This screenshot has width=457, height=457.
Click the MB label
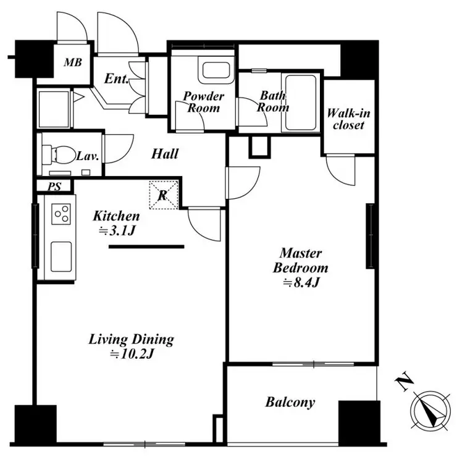[73, 62]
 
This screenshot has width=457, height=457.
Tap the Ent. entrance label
[116, 78]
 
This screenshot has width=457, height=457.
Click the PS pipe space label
[54, 187]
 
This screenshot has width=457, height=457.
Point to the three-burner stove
[61, 214]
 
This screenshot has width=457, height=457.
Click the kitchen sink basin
[61, 257]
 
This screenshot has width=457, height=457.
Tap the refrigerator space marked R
[163, 195]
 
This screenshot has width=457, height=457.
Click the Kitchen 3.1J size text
[116, 231]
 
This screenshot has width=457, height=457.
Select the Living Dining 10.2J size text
[132, 354]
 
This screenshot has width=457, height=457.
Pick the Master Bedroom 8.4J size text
[301, 282]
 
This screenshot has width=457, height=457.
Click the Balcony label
[290, 402]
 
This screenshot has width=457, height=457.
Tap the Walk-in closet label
[348, 119]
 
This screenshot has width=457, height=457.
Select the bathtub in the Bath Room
[301, 103]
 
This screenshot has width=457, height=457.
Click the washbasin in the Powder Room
[216, 70]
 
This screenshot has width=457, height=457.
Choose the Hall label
[165, 154]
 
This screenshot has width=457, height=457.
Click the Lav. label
[88, 156]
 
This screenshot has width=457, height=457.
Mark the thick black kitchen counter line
[146, 246]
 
